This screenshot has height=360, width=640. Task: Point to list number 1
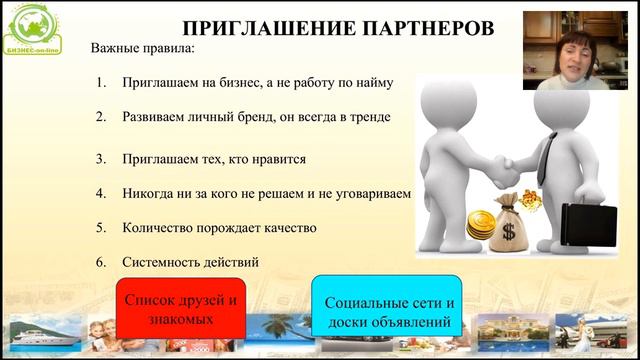pyautogui.click(x=101, y=83)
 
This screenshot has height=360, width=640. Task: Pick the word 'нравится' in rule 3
pyautogui.click(x=279, y=159)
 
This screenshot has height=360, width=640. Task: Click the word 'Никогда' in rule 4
pyautogui.click(x=149, y=192)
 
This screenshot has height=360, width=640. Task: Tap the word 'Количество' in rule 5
pyautogui.click(x=157, y=228)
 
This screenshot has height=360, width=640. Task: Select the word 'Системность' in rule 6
pyautogui.click(x=161, y=262)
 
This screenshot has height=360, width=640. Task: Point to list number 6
pyautogui.click(x=101, y=262)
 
